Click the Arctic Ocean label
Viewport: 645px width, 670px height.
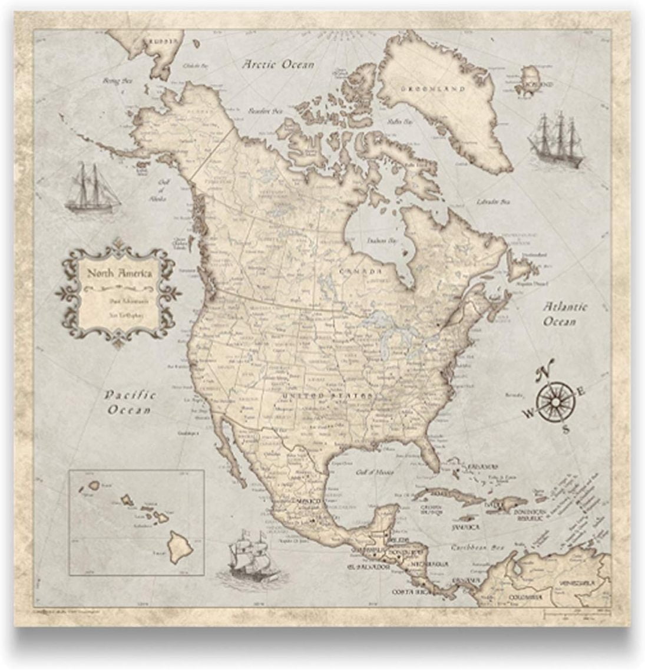coord(279,65)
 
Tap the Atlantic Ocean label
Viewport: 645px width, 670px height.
coord(564,314)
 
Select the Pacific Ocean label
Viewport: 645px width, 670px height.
coord(130,402)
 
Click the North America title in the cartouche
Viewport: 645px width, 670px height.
coord(120,273)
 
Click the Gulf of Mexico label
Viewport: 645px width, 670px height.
coord(375,471)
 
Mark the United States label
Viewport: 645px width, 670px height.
coord(328,395)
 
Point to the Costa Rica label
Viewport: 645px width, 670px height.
coord(410,590)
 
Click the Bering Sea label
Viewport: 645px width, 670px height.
coord(117,81)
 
